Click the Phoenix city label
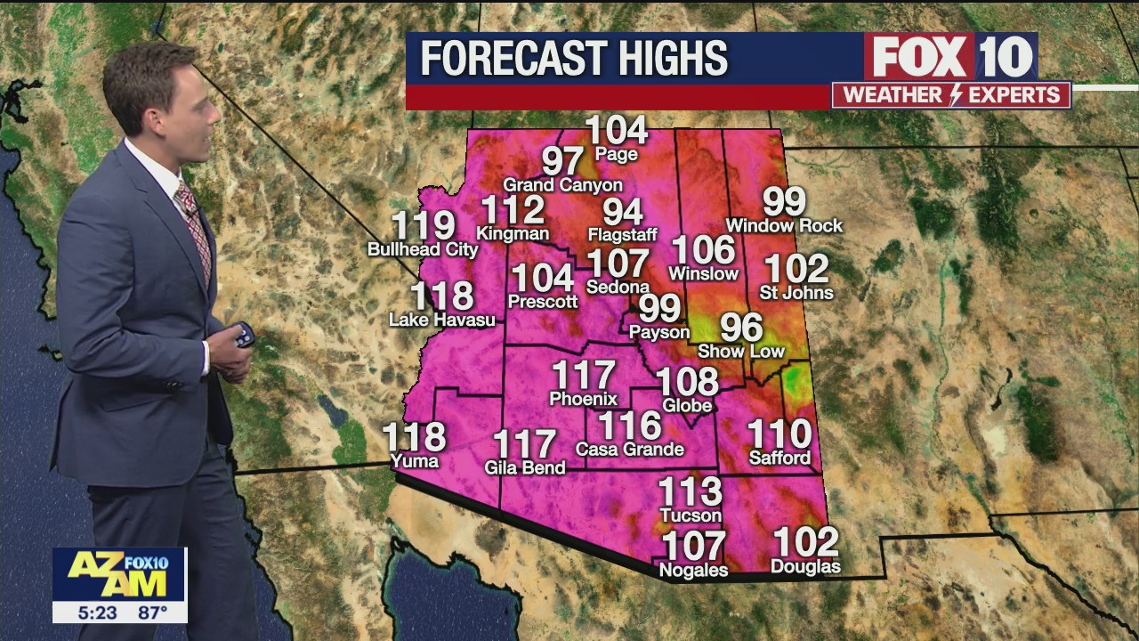click(583, 400)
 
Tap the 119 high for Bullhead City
click(424, 227)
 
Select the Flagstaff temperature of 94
click(623, 212)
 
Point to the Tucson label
click(691, 515)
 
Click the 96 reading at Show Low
click(741, 328)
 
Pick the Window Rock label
click(784, 226)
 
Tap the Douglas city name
click(805, 567)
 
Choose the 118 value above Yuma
click(414, 437)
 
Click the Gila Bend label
click(525, 467)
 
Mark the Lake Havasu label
click(442, 320)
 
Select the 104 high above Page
click(617, 131)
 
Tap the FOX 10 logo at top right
click(951, 57)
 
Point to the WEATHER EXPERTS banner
click(951, 95)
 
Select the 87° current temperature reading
click(151, 613)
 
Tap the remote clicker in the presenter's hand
click(243, 336)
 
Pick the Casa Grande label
click(630, 450)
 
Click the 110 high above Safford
click(780, 434)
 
